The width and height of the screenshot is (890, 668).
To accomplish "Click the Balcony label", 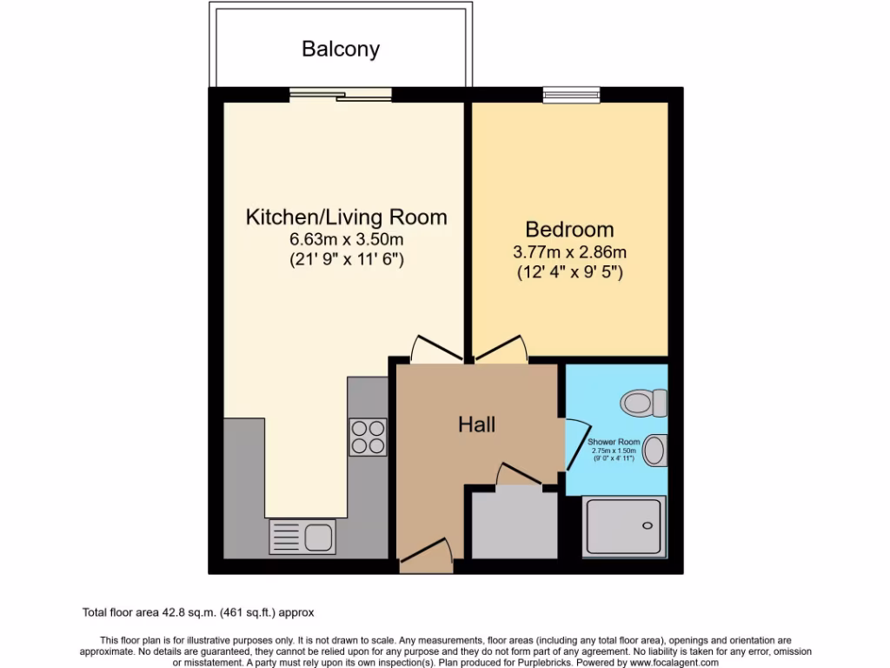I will point(341,49).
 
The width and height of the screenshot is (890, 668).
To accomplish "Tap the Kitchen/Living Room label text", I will point(346,217).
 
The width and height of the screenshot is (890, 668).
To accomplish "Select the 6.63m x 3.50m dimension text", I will point(347,239).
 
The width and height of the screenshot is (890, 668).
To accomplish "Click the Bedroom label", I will point(569,230).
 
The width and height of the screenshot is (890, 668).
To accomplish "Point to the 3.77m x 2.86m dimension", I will point(570,252).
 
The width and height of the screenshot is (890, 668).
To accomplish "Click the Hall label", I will point(477,424).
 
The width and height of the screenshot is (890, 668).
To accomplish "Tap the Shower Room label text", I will point(613,442).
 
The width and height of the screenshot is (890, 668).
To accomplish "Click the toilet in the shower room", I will point(643,403).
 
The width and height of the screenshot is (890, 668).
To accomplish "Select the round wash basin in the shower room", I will point(654,451).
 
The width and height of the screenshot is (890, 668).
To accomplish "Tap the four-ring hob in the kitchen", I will point(368,437).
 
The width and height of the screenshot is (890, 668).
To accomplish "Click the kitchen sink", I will point(302,537).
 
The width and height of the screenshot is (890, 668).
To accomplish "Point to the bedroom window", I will point(571,94).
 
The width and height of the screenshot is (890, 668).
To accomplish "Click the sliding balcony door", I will point(340,94).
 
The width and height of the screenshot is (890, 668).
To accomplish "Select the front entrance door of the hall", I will point(426,555).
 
